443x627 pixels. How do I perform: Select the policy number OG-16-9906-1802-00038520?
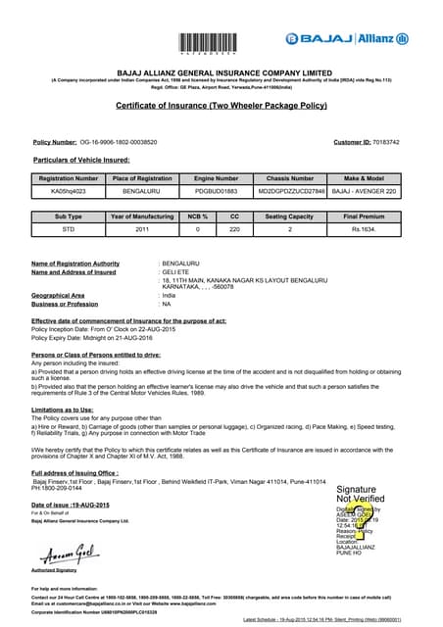(118, 143)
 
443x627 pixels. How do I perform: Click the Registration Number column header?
(68, 178)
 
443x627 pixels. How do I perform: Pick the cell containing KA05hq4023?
(68, 193)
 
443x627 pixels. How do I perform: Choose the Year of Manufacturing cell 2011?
(142, 228)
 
